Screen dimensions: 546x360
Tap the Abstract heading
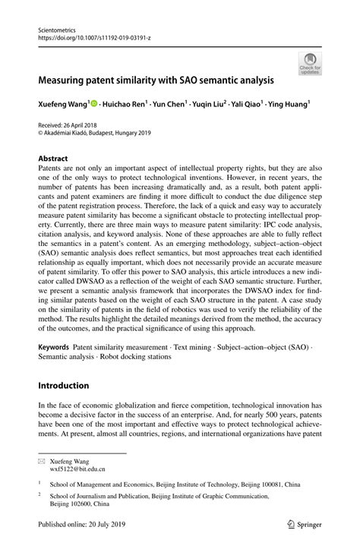52,159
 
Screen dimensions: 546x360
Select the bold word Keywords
55,347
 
